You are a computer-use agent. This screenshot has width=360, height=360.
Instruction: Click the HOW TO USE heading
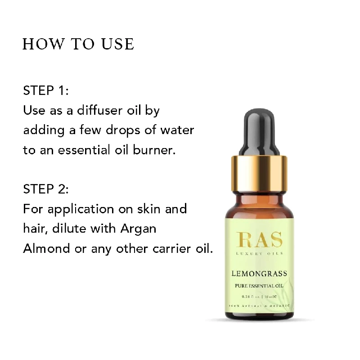[78, 44]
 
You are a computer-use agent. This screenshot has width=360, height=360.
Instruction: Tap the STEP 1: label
[46, 90]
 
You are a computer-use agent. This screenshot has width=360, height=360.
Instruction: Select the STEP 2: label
[46, 189]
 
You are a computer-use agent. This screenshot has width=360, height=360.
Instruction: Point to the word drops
[118, 130]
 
